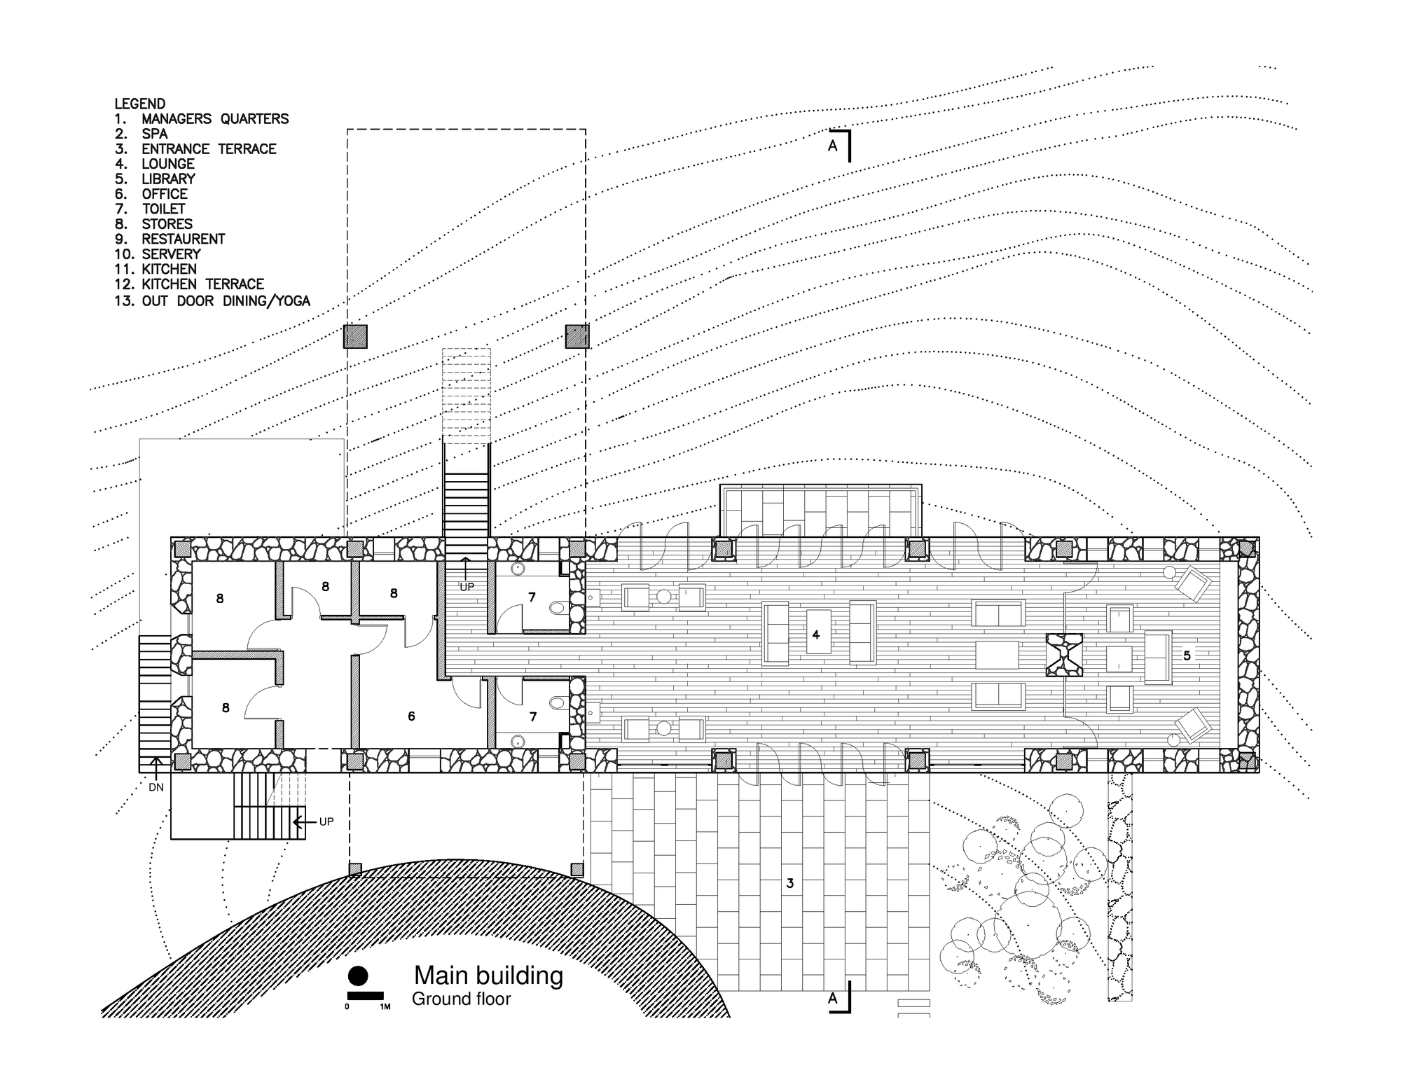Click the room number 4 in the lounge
816,635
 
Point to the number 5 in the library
1187,656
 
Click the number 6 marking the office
412,716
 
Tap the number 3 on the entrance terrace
790,884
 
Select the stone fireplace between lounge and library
1064,655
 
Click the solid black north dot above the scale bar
358,976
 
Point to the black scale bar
365,996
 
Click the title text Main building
488,976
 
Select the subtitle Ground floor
462,999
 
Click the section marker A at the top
833,146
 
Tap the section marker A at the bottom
833,999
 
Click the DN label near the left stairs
156,787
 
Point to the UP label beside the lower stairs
326,822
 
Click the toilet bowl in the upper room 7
558,608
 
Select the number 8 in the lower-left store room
226,708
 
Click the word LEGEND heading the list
140,104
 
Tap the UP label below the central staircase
467,587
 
